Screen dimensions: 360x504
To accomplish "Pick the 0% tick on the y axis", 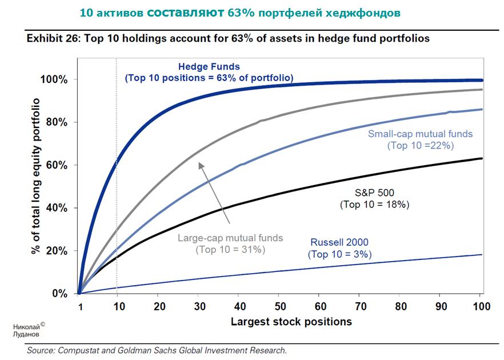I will point(61,294).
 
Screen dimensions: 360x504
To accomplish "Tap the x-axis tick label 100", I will point(482,307).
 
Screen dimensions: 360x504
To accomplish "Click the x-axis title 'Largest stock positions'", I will point(291,322).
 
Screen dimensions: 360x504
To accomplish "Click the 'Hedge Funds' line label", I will point(209,66).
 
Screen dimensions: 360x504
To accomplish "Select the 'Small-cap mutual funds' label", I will point(421,134).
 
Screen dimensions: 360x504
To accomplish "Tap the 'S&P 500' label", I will point(374,193).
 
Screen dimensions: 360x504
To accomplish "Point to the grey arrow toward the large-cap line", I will point(214,193).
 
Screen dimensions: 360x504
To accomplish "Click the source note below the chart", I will point(157,350).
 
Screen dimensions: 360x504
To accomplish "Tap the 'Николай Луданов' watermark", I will point(27,330).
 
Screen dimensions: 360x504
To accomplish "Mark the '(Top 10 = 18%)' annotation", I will point(374,205).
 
